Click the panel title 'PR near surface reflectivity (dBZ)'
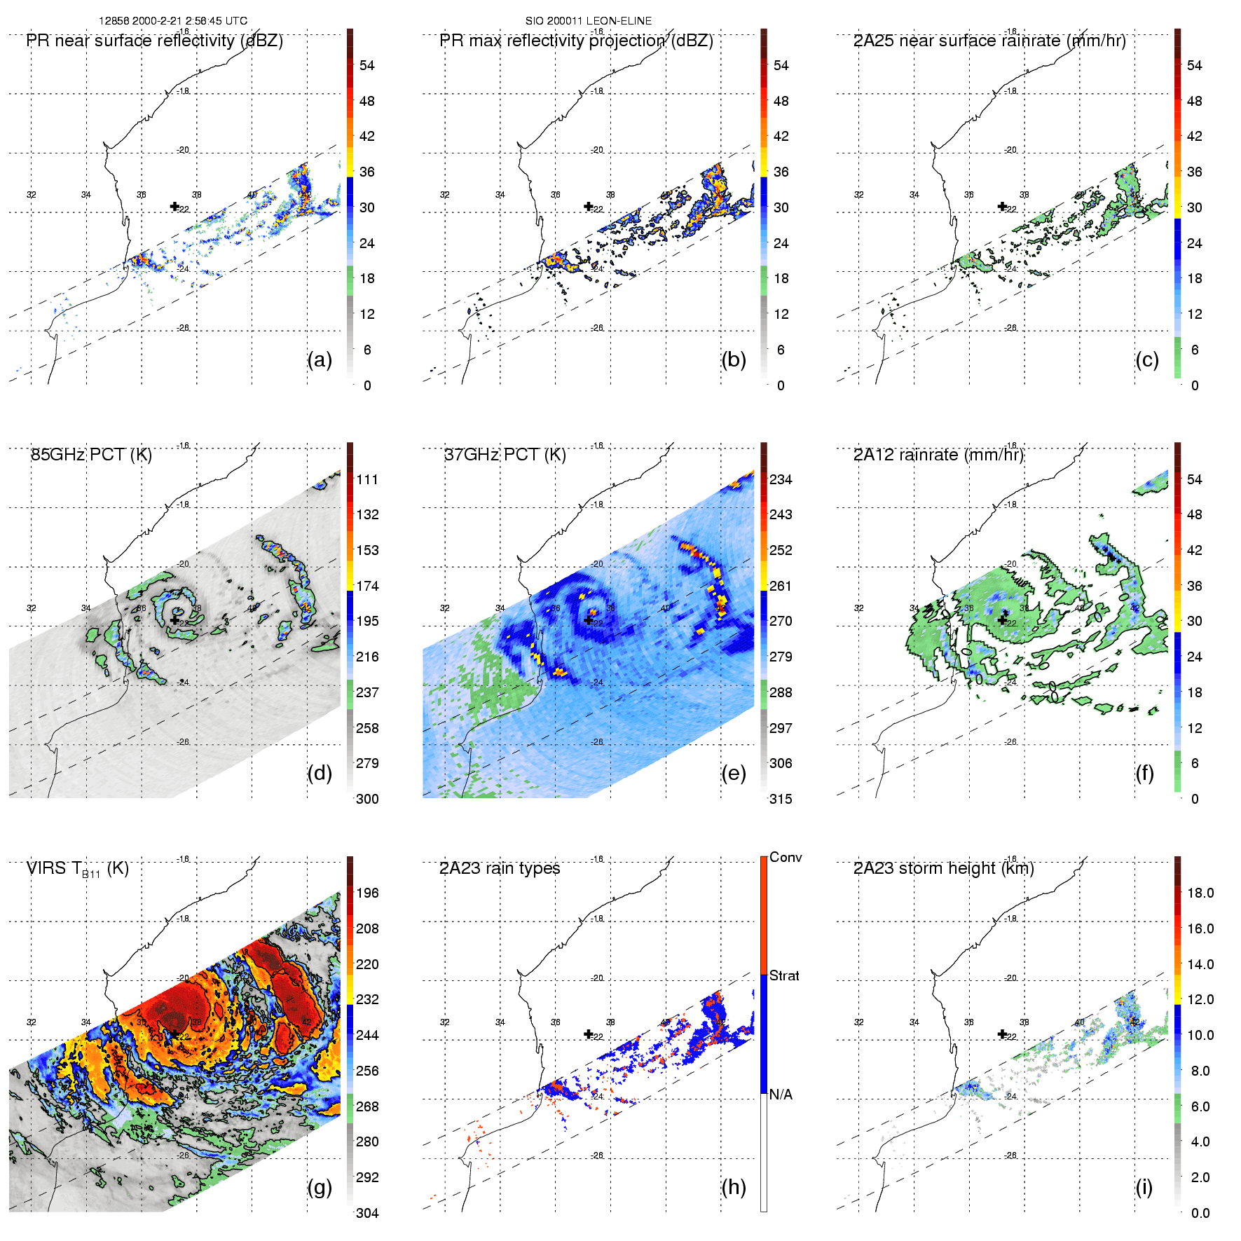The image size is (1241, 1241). coord(154,41)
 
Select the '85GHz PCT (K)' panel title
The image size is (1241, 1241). coord(91,455)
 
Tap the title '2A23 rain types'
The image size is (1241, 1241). coord(500,868)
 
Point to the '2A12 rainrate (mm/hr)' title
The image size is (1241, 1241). coord(938,455)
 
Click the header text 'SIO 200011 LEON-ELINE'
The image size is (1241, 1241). coord(589,21)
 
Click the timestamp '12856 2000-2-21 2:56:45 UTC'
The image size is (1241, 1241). coord(173,21)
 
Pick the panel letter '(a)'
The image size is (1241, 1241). coord(320,359)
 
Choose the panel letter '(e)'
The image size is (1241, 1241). coord(733,773)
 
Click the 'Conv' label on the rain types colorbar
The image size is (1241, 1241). coord(786,857)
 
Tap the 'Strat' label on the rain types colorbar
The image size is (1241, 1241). coord(784,975)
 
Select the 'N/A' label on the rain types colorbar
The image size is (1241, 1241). coord(781,1095)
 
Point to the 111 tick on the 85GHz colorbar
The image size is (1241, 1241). coord(367,479)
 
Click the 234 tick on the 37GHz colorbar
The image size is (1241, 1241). coord(781,479)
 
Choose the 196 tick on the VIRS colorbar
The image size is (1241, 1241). coord(367,893)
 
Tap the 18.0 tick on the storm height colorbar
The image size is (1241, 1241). coord(1200,893)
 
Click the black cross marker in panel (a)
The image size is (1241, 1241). coord(174,206)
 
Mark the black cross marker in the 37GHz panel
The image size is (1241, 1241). coord(588,620)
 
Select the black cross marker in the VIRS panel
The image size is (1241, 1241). coord(174,1034)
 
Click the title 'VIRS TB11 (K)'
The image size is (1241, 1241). coord(77,869)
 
